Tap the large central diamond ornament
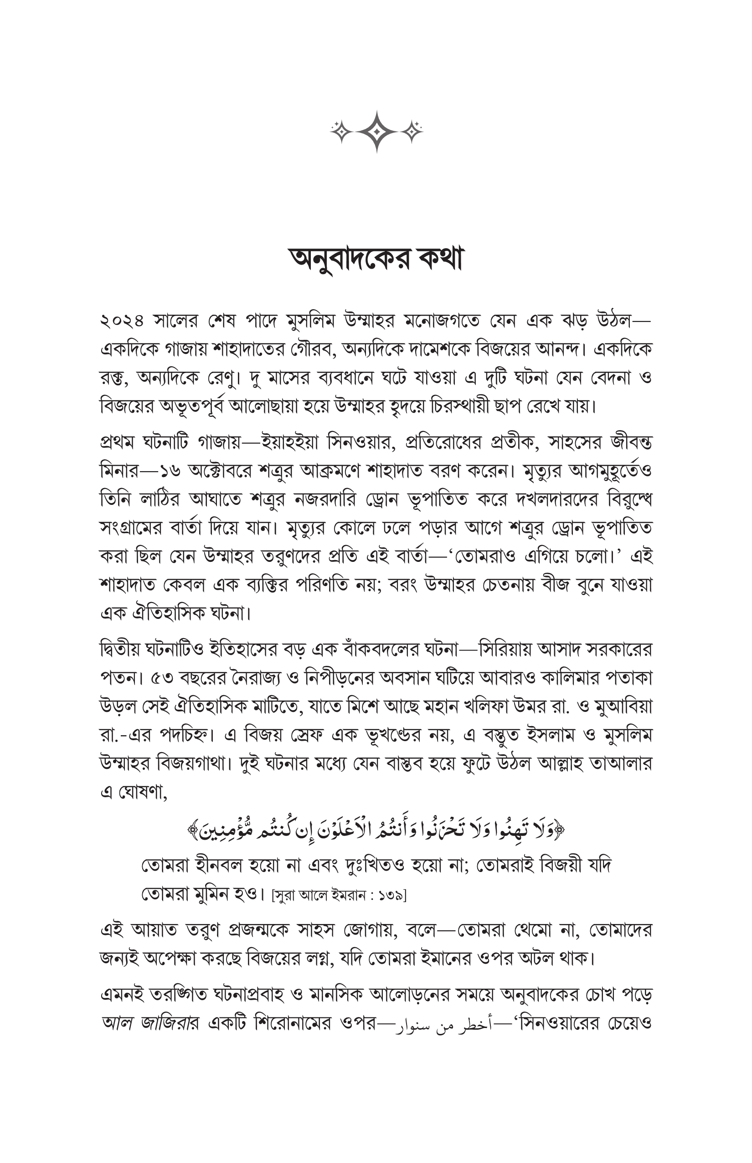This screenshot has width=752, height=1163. pos(377,131)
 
